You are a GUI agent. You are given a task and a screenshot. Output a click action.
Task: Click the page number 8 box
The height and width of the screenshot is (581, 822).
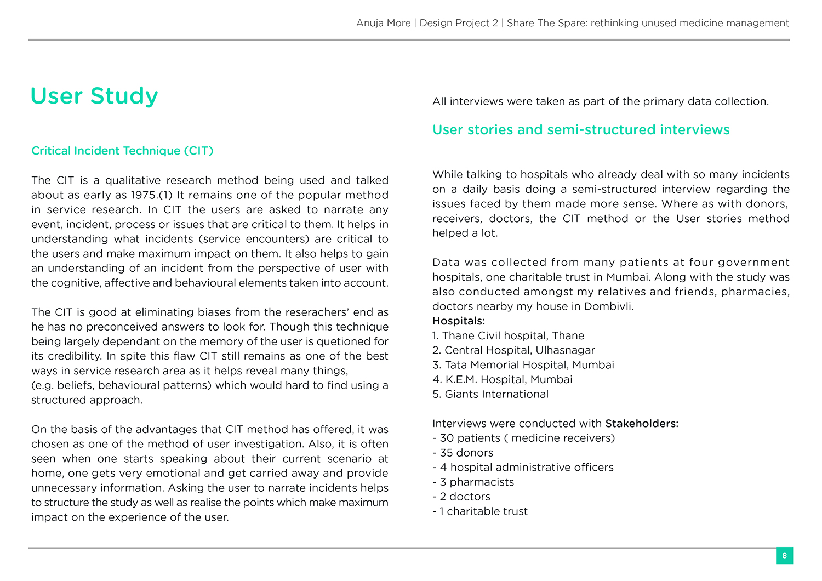click(x=784, y=556)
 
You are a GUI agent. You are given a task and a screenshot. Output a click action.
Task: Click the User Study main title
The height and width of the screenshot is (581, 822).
click(x=94, y=96)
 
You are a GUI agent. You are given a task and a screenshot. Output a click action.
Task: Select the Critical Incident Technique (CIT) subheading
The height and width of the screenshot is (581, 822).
click(x=122, y=151)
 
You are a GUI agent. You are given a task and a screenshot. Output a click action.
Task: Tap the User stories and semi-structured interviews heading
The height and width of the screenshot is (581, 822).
click(x=581, y=130)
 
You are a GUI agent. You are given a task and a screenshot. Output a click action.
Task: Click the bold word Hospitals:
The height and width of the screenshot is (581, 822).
click(x=459, y=321)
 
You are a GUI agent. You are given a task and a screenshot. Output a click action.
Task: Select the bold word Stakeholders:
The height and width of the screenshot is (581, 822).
click(x=642, y=424)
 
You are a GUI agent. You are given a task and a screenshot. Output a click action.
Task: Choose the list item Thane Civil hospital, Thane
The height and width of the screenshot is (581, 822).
click(x=513, y=335)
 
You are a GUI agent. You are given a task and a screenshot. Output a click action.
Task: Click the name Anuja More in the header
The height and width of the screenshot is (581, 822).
click(x=383, y=23)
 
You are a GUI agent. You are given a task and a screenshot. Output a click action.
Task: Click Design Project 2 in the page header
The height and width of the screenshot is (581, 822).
click(x=459, y=23)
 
